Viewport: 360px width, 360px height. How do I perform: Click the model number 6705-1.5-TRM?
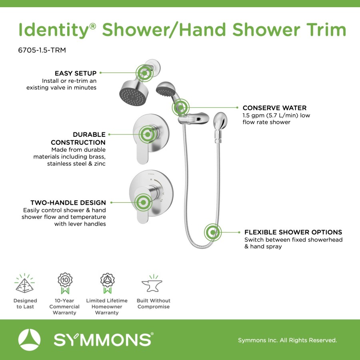42,50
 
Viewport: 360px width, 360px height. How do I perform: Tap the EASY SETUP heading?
76,73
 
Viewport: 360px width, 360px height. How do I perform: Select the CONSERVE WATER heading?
274,108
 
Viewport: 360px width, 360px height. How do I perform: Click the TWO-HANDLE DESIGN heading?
68,203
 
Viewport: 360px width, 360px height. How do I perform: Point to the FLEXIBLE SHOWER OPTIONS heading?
293,232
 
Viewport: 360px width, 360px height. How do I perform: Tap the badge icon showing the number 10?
65,283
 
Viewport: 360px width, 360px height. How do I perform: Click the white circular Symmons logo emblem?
29,340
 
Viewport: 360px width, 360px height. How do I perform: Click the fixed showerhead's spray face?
133,97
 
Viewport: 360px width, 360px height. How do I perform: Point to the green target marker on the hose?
213,232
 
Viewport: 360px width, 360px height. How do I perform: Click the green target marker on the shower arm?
144,73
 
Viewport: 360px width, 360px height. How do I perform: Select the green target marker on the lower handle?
143,202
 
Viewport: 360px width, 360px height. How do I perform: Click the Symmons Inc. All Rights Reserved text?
288,340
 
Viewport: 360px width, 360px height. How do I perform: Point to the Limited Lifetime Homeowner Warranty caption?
107,306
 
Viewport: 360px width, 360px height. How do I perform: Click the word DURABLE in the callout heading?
89,134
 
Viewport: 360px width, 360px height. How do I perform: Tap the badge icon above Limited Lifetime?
107,283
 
